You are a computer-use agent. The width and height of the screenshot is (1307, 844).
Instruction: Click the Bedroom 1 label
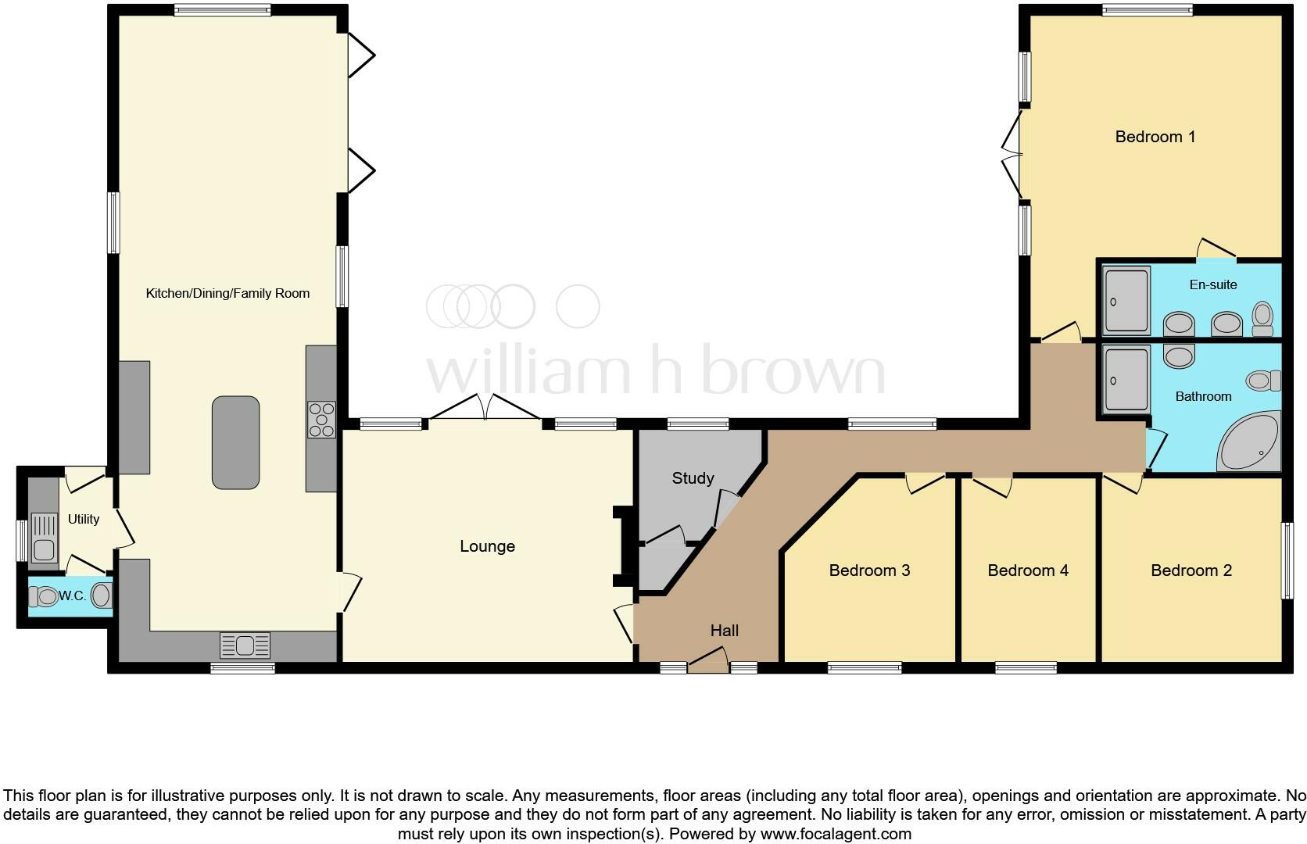(1155, 137)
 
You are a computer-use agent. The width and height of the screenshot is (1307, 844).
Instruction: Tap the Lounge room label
(487, 546)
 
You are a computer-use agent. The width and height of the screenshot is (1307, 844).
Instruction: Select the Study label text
(693, 478)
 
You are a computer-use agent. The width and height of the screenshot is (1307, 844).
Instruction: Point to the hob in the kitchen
(321, 420)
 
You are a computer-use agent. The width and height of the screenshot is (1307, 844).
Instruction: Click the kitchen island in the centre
(235, 442)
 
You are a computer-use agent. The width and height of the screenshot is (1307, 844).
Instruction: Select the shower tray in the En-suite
(1126, 301)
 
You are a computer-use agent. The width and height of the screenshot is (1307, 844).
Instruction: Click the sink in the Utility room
(44, 538)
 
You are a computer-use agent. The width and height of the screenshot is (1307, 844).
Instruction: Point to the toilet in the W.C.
(44, 597)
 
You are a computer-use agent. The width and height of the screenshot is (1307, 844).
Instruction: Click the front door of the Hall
(707, 667)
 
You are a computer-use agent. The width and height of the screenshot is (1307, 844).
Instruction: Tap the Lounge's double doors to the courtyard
(485, 410)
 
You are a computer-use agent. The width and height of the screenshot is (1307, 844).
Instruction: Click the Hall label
(724, 631)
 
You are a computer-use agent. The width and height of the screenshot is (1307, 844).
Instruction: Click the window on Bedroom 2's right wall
(1286, 561)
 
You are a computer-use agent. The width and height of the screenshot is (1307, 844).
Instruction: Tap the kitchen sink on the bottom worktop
(245, 646)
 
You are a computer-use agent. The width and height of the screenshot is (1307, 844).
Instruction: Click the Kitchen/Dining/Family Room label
(227, 294)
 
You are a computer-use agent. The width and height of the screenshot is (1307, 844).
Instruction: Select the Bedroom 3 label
(869, 570)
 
